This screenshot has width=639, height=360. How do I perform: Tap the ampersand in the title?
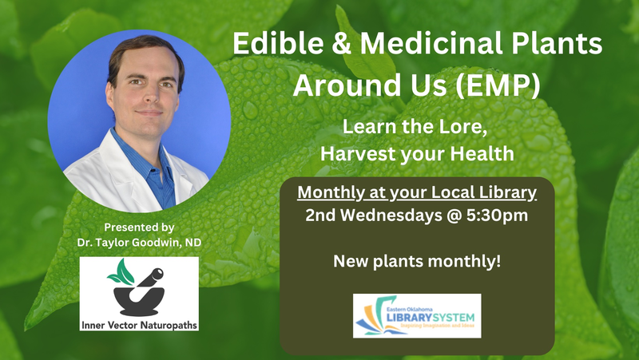pos(342,43)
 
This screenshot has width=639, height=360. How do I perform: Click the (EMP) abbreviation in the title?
pos(497,85)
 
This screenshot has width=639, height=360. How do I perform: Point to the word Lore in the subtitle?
pos(465,127)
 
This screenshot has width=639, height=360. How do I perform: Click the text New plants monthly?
pos(417,261)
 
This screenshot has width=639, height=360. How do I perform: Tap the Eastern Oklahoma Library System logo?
pos(417,316)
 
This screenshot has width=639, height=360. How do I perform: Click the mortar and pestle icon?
pos(139,292)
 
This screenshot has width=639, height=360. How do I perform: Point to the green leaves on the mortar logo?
pos(121,272)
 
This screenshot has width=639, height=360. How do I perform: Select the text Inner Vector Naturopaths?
pos(139,325)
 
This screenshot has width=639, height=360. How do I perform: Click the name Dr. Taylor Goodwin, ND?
pos(139,243)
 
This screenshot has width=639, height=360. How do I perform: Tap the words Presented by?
pos(139,227)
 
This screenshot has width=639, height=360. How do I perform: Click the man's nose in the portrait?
pos(151,96)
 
